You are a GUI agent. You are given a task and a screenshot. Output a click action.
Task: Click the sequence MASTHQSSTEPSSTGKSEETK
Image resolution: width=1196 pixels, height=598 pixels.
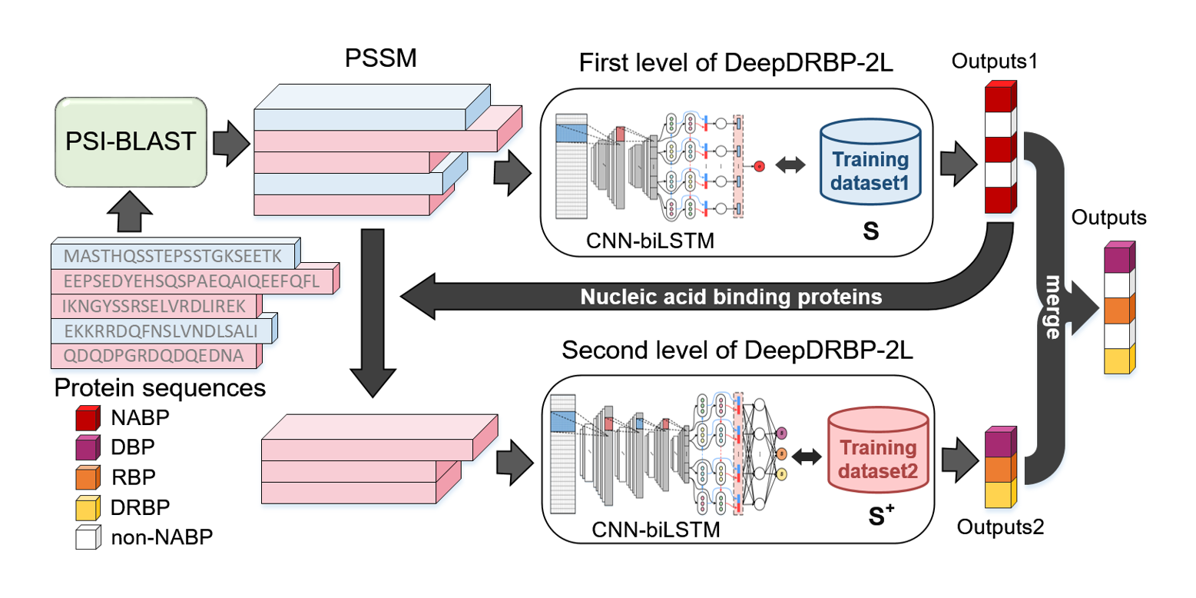(x=175, y=255)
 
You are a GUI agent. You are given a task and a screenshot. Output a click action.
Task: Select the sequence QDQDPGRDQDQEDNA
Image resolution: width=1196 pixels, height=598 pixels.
(x=154, y=356)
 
